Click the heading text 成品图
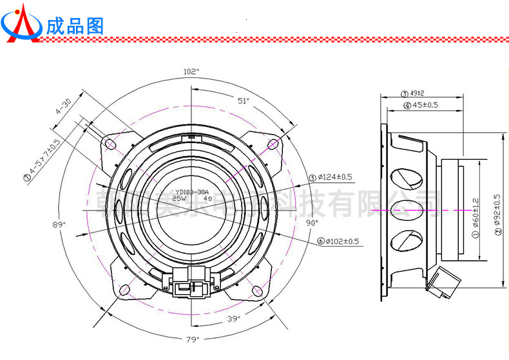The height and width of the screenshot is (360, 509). [x=74, y=25]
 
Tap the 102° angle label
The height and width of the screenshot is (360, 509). [x=191, y=71]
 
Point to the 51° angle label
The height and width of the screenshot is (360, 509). [x=243, y=100]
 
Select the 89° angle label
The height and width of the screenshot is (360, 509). [x=60, y=224]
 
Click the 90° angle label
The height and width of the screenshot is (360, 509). [x=312, y=222]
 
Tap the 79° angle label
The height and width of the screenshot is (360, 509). [x=193, y=339]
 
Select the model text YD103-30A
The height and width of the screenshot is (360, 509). [x=193, y=192]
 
